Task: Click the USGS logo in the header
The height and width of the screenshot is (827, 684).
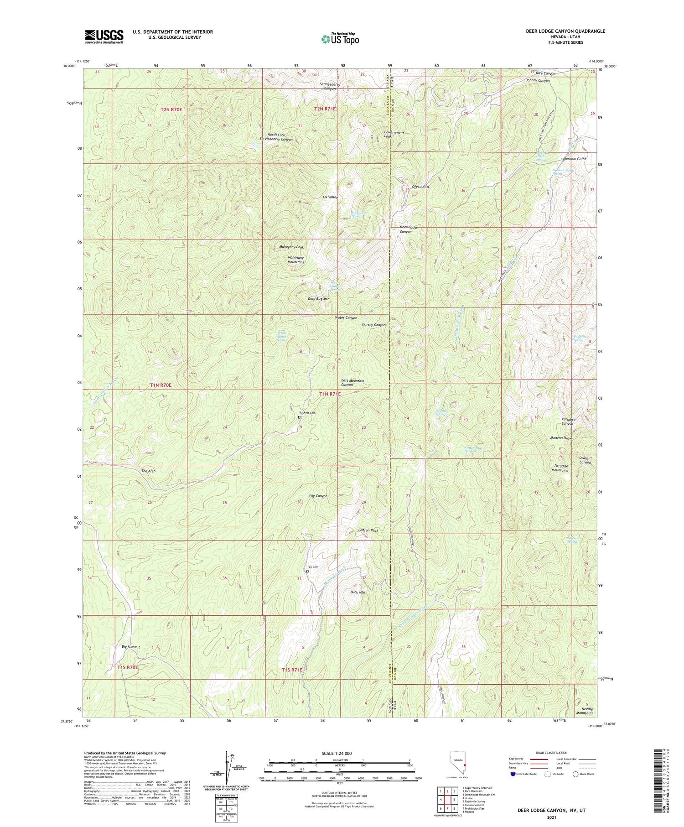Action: (104, 36)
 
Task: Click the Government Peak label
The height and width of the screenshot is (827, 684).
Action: (394, 134)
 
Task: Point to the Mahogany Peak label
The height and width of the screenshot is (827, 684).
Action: (291, 247)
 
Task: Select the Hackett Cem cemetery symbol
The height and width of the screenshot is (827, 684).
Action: (299, 417)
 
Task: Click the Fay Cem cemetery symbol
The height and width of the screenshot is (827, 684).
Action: (307, 571)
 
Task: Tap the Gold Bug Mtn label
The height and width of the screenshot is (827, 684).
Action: (319, 299)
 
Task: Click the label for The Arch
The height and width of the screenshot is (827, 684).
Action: (149, 471)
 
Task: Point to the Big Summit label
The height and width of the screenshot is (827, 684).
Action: (131, 647)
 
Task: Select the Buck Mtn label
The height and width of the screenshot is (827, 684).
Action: (358, 592)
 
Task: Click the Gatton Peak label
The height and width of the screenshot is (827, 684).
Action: (368, 531)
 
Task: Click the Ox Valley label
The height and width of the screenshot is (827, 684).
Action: (330, 197)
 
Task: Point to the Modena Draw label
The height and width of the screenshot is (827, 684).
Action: (561, 438)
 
